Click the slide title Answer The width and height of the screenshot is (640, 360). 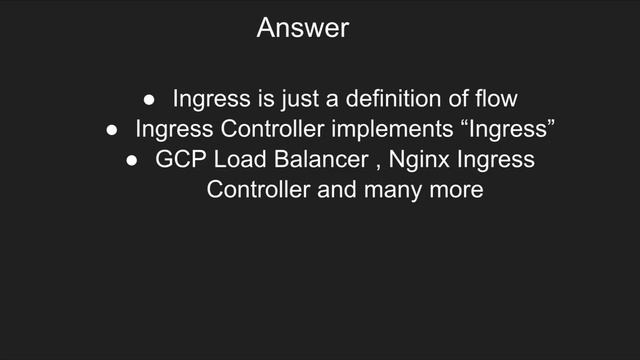(303, 28)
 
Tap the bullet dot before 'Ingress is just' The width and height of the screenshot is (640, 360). (149, 100)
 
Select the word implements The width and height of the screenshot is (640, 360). (409, 130)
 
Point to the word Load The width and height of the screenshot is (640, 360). (234, 160)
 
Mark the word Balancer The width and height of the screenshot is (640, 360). (315, 160)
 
